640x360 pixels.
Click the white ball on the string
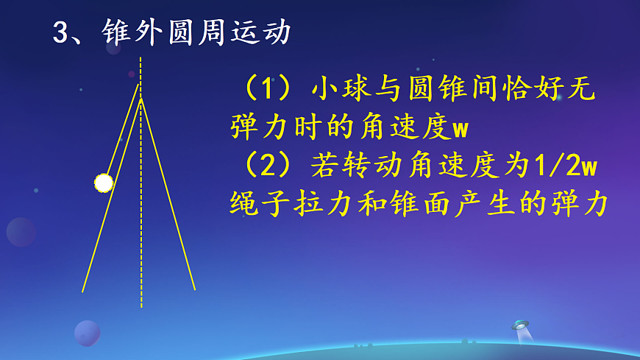pyautogui.click(x=104, y=183)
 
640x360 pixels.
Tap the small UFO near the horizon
pyautogui.click(x=521, y=325)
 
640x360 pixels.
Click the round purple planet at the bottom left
pyautogui.click(x=87, y=333)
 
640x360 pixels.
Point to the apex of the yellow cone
pyautogui.click(x=141, y=98)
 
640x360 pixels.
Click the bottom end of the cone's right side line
pyautogui.click(x=194, y=289)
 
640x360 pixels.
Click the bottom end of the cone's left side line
pyautogui.click(x=82, y=292)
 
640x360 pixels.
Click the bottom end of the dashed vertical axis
pyautogui.click(x=141, y=306)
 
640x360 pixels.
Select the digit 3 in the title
pyautogui.click(x=60, y=33)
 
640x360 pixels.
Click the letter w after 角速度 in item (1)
pyautogui.click(x=460, y=129)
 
